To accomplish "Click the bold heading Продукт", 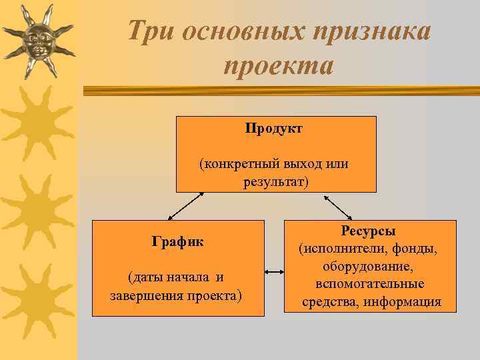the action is [x=273, y=128].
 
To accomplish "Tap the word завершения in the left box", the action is [x=141, y=295].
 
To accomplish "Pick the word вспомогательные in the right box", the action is [x=370, y=284].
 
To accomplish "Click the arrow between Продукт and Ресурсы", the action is [x=339, y=207].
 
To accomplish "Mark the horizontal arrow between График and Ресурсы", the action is [x=274, y=272].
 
